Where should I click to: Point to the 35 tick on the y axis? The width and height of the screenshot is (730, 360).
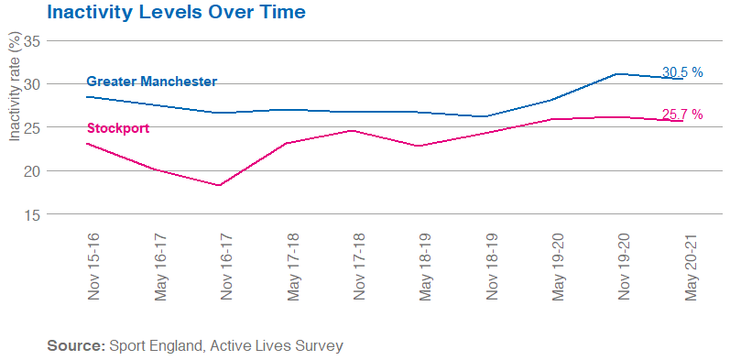(x=32, y=41)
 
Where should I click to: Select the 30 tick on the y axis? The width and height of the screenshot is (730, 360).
(x=32, y=84)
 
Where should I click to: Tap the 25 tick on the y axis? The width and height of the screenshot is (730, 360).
(x=32, y=127)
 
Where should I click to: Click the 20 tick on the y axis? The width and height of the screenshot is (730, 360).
(x=32, y=171)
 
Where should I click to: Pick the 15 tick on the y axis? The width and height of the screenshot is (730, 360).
(x=32, y=214)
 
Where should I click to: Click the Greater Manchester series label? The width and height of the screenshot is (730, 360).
(x=151, y=82)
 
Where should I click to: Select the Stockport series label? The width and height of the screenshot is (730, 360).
(x=117, y=127)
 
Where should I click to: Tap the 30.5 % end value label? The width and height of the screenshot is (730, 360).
(x=681, y=71)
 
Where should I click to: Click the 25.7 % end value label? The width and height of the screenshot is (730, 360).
(x=681, y=115)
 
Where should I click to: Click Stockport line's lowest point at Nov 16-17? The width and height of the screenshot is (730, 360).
(x=220, y=185)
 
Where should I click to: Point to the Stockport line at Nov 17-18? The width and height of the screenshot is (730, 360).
(x=353, y=130)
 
